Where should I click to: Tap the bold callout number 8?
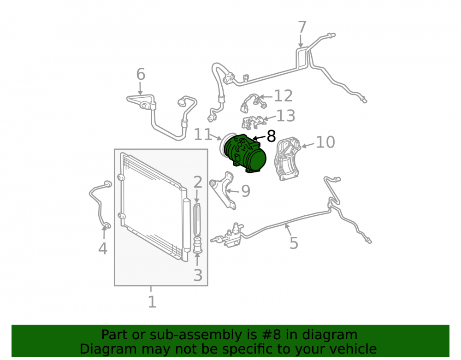pyautogui.click(x=271, y=136)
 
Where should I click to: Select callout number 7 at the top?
pyautogui.click(x=302, y=27)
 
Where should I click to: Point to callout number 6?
pyautogui.click(x=141, y=74)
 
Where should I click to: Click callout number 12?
pyautogui.click(x=284, y=96)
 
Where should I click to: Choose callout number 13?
pyautogui.click(x=286, y=116)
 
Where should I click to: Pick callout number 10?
pyautogui.click(x=325, y=142)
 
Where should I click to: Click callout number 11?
pyautogui.click(x=203, y=135)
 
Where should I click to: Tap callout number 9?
pyautogui.click(x=246, y=191)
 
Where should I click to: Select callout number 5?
pyautogui.click(x=294, y=243)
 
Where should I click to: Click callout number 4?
pyautogui.click(x=103, y=248)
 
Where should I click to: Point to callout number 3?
pyautogui.click(x=198, y=275)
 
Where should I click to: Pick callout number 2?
pyautogui.click(x=198, y=182)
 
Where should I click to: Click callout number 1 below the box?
pyautogui.click(x=152, y=302)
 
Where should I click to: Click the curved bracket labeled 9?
pyautogui.click(x=223, y=190)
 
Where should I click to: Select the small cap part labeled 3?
pyautogui.click(x=198, y=245)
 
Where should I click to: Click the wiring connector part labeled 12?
pyautogui.click(x=254, y=103)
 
